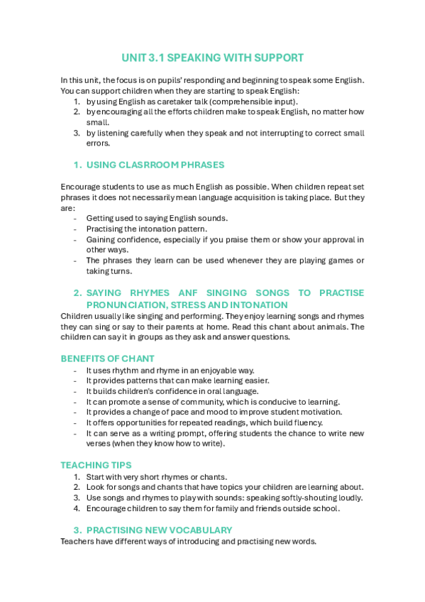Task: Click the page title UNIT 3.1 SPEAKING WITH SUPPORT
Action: click(x=212, y=58)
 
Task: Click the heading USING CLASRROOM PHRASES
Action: click(x=155, y=165)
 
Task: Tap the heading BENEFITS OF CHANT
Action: click(x=107, y=358)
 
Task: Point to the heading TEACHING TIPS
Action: click(x=96, y=465)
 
